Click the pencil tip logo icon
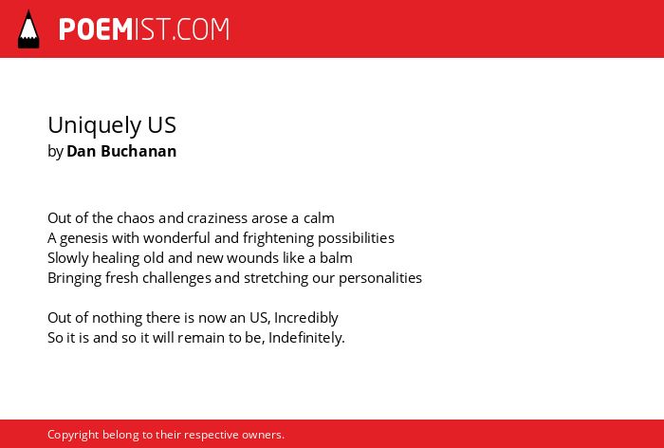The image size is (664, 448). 28,28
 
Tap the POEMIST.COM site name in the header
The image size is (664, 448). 144,29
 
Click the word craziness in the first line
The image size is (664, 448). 217,218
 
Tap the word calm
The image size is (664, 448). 319,218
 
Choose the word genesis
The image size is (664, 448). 83,238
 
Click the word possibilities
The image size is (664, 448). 356,238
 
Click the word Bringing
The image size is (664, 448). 75,279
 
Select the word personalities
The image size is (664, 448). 380,278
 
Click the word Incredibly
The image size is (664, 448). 306,318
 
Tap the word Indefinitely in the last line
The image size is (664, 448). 306,338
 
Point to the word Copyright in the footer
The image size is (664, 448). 73,436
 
